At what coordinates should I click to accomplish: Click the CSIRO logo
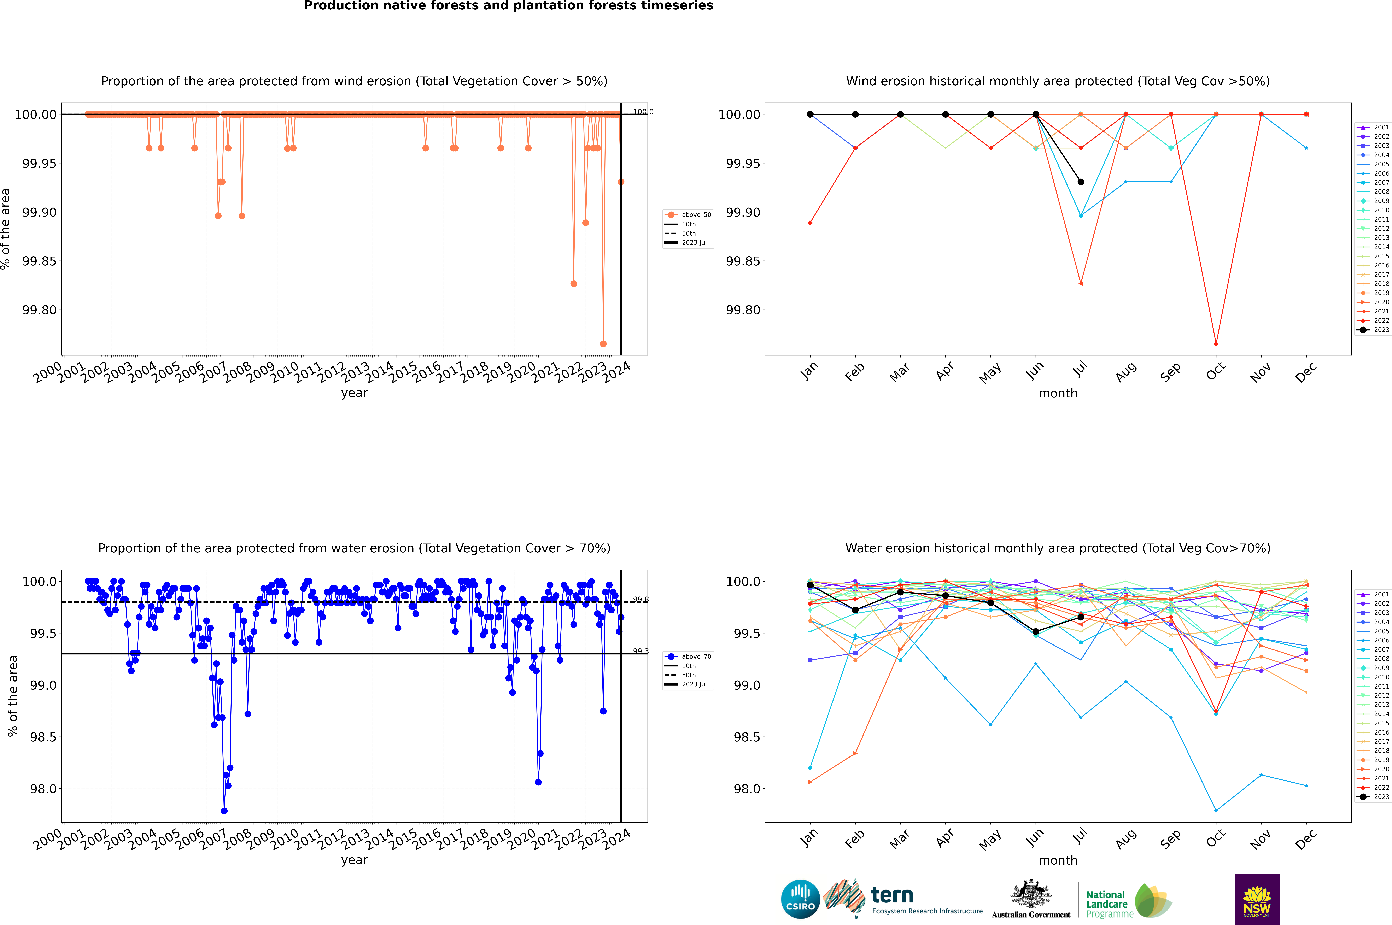[800, 899]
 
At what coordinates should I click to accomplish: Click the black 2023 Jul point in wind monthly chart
[1080, 182]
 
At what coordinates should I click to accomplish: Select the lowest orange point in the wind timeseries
[603, 344]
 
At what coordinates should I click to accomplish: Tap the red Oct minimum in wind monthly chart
[1216, 344]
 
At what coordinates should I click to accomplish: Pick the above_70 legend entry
[688, 657]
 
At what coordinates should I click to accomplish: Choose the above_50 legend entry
[688, 215]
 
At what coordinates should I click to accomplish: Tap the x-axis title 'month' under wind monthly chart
[1057, 394]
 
